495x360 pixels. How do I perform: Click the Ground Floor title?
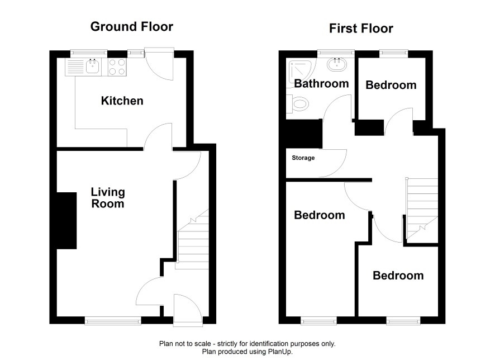132,26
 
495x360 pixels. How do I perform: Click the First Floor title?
361,29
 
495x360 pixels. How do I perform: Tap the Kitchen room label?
122,101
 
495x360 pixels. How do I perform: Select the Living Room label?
108,198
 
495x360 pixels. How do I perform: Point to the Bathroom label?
321,83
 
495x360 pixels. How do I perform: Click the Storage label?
303,158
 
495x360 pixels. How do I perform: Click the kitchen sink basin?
93,67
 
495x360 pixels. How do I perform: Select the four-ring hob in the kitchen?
117,67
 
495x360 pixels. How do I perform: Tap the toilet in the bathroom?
297,103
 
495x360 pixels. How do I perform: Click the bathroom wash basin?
337,65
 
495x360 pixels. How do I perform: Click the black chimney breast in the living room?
66,221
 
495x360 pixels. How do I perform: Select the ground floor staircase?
192,239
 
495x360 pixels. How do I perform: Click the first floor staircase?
422,210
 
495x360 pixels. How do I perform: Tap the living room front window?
113,321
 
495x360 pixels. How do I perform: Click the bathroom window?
336,53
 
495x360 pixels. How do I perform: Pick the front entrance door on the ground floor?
188,310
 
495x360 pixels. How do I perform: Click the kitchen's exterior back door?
159,64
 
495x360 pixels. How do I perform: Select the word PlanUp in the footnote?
280,352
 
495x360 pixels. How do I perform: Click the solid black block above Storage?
304,134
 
